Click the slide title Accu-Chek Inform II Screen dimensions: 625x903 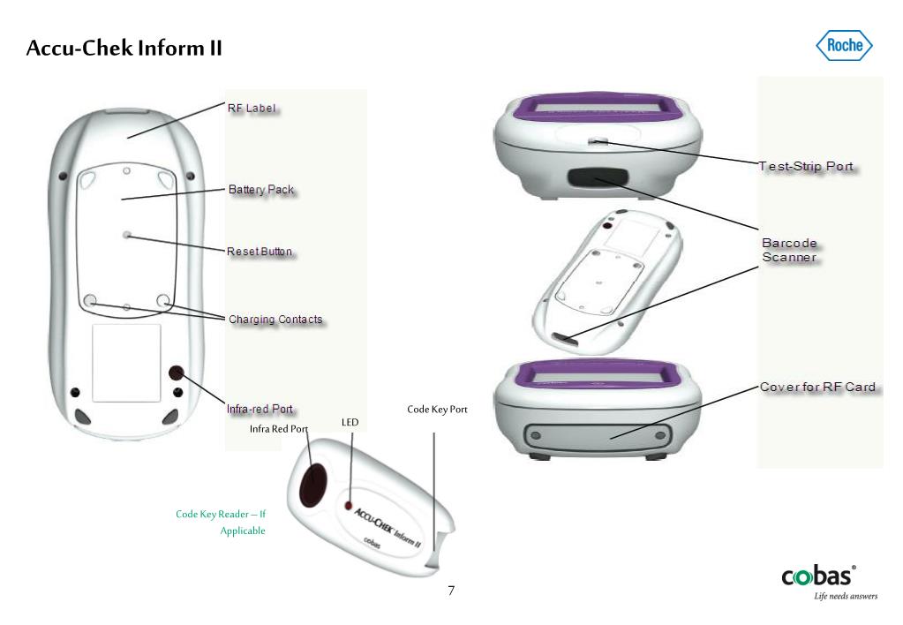(x=124, y=48)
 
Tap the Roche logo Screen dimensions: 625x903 (x=844, y=45)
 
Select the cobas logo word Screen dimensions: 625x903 (x=817, y=576)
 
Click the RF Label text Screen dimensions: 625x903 (x=252, y=109)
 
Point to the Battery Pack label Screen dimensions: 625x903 (x=261, y=189)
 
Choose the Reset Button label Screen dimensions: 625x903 (x=260, y=252)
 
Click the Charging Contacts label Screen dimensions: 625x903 (x=275, y=319)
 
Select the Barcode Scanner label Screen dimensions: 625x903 (x=790, y=250)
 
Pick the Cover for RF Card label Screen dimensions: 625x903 (x=817, y=387)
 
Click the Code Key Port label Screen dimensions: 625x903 (x=437, y=410)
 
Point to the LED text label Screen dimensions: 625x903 (x=350, y=423)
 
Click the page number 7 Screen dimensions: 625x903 (x=451, y=591)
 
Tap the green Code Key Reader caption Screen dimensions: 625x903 (x=222, y=522)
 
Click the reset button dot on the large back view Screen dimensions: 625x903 (x=127, y=236)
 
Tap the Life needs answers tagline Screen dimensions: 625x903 (x=846, y=597)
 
